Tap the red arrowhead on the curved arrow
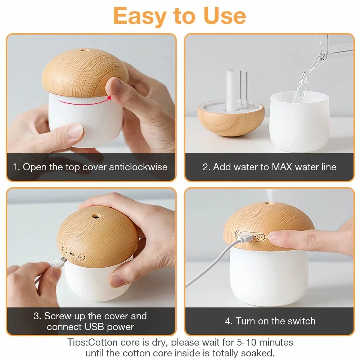click(109, 98)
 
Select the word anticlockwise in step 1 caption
click(138, 167)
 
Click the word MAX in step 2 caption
click(282, 167)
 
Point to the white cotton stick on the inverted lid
click(230, 90)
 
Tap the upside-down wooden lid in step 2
click(231, 118)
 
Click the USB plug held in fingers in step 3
click(59, 262)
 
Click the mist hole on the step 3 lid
click(96, 216)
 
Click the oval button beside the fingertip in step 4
click(261, 237)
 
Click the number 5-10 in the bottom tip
click(246, 342)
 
